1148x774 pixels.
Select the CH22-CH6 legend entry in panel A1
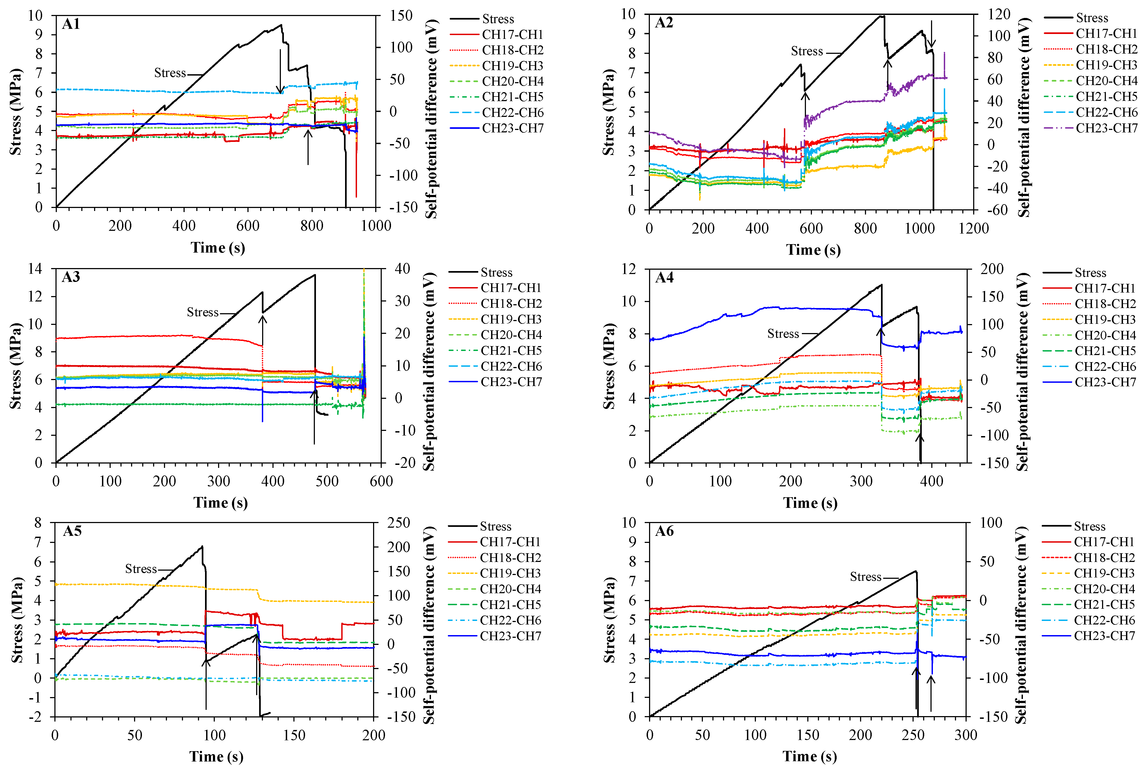pos(512,113)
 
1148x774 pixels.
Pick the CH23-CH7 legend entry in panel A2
pos(1107,128)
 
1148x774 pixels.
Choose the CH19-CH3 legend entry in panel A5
pos(510,573)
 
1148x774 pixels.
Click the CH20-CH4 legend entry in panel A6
pos(1104,589)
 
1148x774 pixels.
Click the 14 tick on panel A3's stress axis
pos(36,269)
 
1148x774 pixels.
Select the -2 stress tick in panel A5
pos(35,717)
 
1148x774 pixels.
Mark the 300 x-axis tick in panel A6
pos(965,735)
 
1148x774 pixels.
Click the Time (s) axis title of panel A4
pos(810,503)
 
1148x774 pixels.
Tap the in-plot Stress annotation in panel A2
pos(806,51)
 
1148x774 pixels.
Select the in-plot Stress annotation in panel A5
pos(141,569)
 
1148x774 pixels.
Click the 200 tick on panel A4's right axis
pos(992,269)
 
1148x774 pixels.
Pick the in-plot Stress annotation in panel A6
pos(865,577)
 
